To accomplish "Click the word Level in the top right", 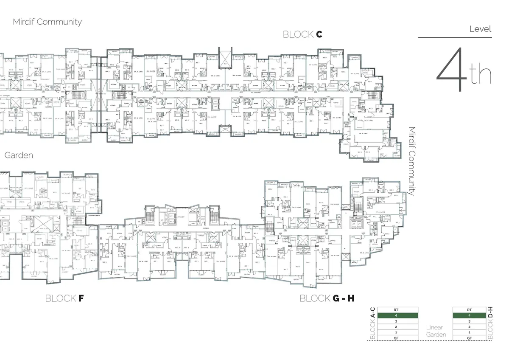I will (x=480, y=29).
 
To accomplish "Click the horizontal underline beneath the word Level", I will (x=455, y=38).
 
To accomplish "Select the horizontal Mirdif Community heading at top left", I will (x=47, y=22).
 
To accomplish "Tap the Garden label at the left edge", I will (x=19, y=155).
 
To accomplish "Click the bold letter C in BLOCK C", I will (x=319, y=35).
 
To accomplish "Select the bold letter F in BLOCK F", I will (x=81, y=298).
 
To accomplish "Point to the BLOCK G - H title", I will (x=327, y=298).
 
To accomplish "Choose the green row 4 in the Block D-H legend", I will (x=469, y=316).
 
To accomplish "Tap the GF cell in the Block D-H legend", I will (x=469, y=338).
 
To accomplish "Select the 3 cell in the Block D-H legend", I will (x=469, y=321).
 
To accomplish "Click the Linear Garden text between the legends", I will (x=436, y=331).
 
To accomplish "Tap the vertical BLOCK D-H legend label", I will (x=490, y=323).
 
